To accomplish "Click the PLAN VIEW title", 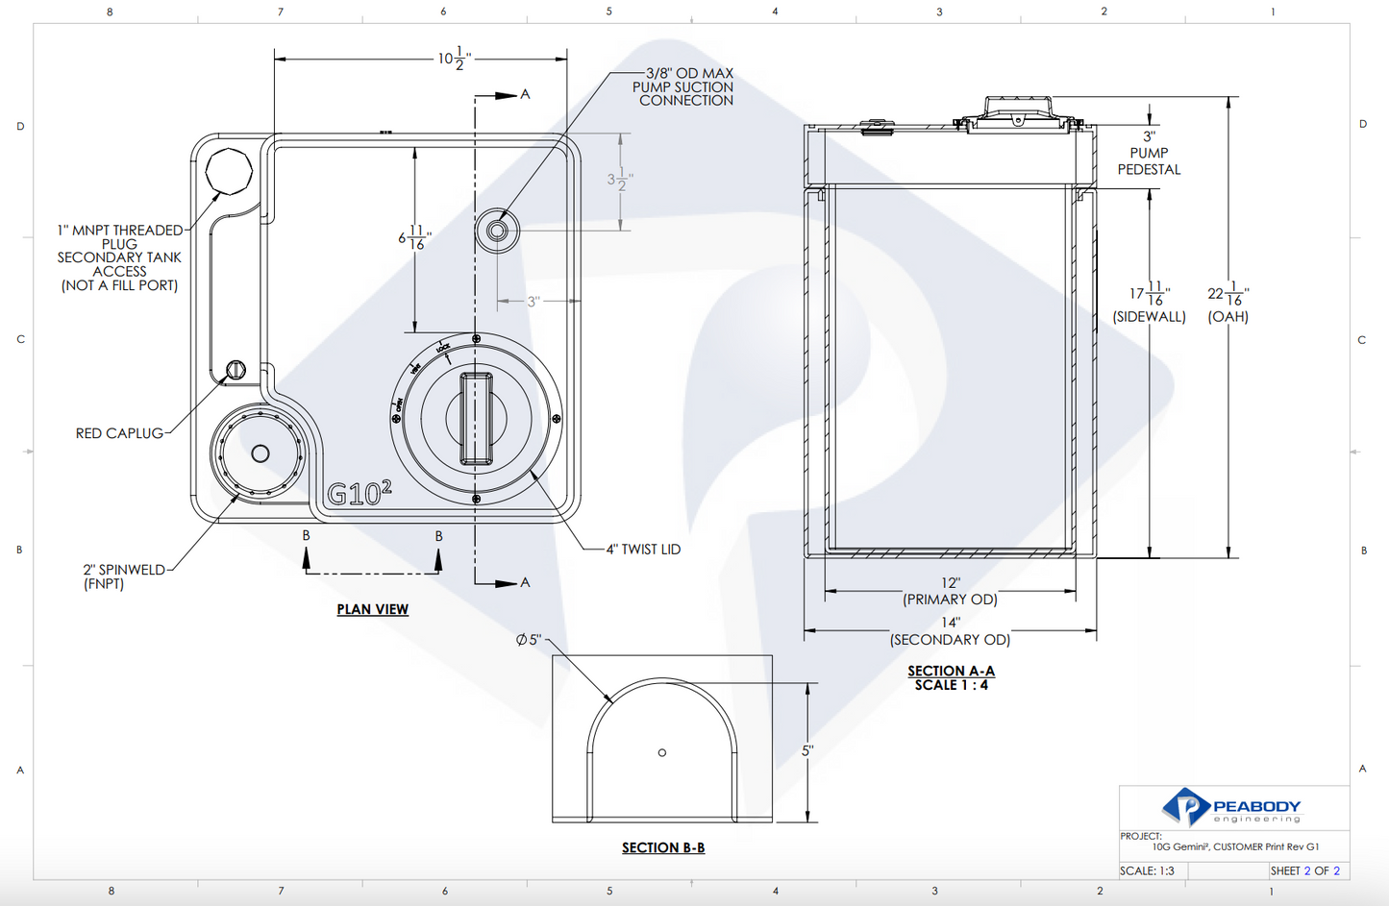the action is (373, 609).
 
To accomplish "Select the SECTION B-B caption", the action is (663, 847).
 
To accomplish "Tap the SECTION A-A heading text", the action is (952, 672).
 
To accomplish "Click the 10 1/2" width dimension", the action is (455, 59).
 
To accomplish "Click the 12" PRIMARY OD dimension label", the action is (950, 591).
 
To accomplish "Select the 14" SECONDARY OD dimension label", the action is (950, 631).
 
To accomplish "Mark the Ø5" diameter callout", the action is (529, 640).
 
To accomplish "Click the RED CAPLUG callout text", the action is (120, 433).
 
